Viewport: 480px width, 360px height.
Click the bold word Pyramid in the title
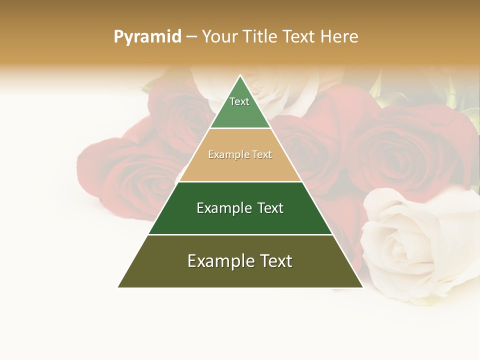pyautogui.click(x=147, y=36)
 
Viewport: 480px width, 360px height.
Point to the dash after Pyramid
pyautogui.click(x=191, y=37)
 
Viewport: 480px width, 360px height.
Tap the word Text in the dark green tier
pyautogui.click(x=267, y=208)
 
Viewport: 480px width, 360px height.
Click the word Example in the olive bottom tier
pyautogui.click(x=218, y=261)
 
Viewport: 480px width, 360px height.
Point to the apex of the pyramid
pyautogui.click(x=240, y=76)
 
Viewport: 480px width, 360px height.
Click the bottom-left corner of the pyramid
pyautogui.click(x=118, y=287)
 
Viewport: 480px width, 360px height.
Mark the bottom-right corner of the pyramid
pyautogui.click(x=362, y=287)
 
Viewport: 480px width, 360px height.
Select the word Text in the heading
pyautogui.click(x=300, y=36)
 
